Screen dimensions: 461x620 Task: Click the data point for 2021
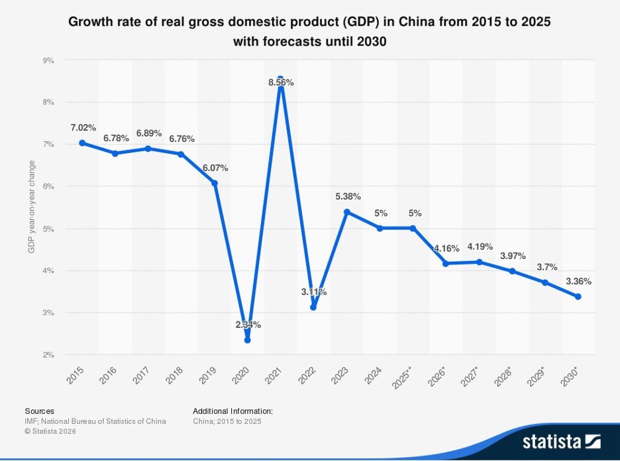point(280,79)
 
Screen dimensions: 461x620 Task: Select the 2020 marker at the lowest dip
point(247,340)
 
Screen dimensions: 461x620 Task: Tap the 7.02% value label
point(83,127)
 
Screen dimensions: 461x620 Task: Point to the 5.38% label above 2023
point(348,196)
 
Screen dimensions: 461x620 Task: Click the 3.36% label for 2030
point(578,281)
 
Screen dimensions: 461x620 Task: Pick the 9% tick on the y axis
point(48,60)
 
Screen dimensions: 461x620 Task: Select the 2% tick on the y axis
point(48,355)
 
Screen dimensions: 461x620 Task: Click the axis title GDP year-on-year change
point(31,205)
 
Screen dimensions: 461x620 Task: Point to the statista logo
point(561,441)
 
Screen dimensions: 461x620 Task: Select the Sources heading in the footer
point(40,411)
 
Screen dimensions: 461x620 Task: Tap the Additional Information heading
point(232,411)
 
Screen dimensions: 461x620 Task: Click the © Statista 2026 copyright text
point(50,431)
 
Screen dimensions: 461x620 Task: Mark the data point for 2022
point(313,307)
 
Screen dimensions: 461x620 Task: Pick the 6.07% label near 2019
point(216,168)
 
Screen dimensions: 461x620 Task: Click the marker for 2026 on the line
point(446,264)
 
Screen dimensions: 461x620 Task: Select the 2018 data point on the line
point(181,154)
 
